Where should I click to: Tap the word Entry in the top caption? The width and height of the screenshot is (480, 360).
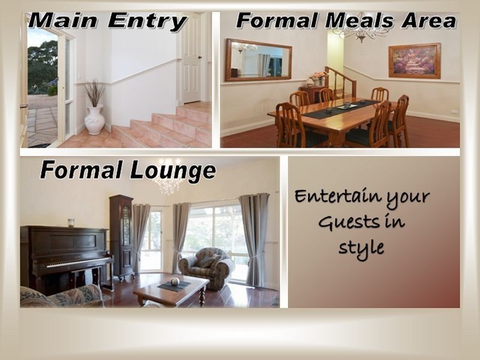click(x=147, y=22)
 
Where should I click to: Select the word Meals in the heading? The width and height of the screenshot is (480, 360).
click(x=359, y=22)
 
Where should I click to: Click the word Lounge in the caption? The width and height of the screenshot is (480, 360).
click(x=173, y=171)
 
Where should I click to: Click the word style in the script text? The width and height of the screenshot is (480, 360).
click(x=361, y=248)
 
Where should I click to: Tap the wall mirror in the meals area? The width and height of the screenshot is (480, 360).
click(x=259, y=60)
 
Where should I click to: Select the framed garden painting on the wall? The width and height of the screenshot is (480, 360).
click(x=415, y=61)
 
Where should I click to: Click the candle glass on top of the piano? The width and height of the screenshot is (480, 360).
click(x=71, y=223)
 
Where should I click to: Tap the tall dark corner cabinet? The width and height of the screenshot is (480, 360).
click(x=122, y=237)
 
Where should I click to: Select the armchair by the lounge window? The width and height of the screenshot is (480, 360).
click(x=206, y=268)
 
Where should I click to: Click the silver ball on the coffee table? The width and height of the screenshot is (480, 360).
click(x=175, y=281)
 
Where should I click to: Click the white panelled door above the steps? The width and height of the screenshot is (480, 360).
click(x=191, y=58)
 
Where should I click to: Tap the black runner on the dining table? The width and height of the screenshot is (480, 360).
click(x=341, y=109)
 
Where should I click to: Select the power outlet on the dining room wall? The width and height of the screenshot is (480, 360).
click(x=455, y=112)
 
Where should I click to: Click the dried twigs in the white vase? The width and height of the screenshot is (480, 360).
click(x=94, y=93)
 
